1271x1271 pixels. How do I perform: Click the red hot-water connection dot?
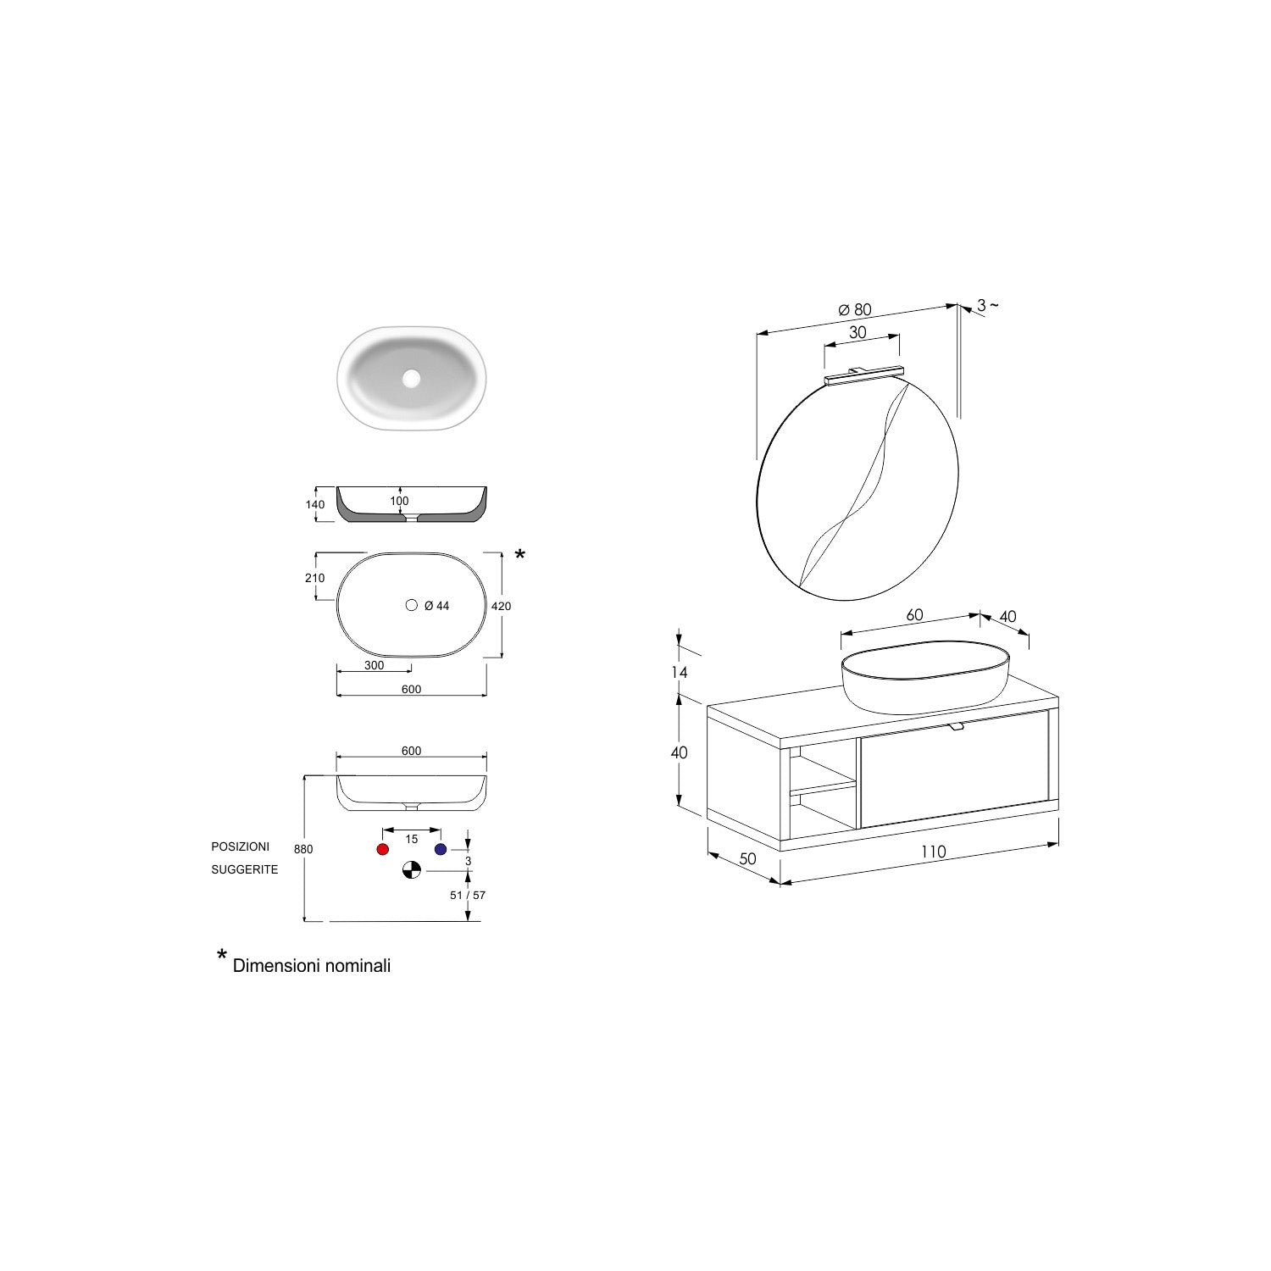(x=382, y=849)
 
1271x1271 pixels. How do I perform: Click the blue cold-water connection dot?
(x=440, y=849)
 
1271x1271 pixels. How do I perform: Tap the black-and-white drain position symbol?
(x=411, y=870)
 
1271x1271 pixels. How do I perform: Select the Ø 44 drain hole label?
(x=436, y=606)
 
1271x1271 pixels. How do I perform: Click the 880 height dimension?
(x=303, y=849)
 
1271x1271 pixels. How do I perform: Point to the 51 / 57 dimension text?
(x=468, y=895)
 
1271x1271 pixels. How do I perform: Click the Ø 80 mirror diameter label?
(x=855, y=310)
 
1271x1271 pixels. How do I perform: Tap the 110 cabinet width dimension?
(x=933, y=852)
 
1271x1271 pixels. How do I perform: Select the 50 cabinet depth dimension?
(x=747, y=858)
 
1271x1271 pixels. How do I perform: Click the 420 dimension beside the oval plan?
(x=501, y=606)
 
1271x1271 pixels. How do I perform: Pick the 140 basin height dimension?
(x=314, y=505)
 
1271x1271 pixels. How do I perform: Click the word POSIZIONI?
(x=241, y=846)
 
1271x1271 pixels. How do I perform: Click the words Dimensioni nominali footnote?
(x=312, y=965)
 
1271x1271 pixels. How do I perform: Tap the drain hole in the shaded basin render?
(x=412, y=378)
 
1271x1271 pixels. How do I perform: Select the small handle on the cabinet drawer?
(x=957, y=726)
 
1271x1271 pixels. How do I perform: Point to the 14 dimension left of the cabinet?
(x=680, y=672)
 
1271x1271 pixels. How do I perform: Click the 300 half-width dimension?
(x=374, y=665)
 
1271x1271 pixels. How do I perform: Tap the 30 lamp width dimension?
(x=858, y=333)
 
